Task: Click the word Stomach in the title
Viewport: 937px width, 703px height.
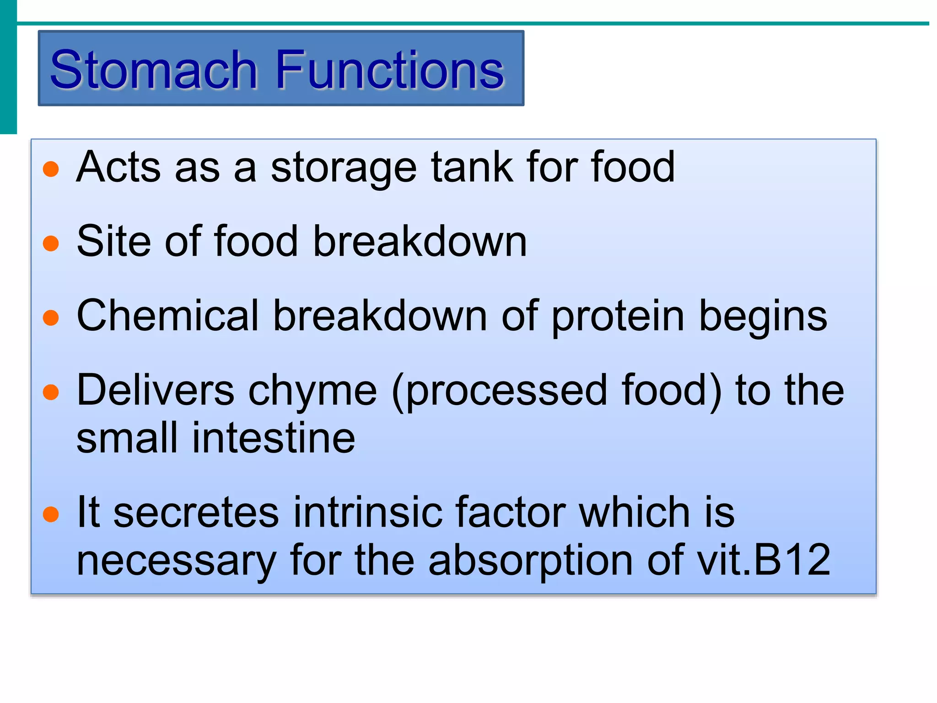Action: (154, 70)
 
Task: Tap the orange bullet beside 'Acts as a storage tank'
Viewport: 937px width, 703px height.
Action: (51, 169)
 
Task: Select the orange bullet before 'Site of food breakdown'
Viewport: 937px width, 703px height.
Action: (51, 243)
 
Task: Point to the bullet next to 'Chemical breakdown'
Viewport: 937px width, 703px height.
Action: (51, 318)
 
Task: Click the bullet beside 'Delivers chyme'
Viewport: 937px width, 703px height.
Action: (51, 392)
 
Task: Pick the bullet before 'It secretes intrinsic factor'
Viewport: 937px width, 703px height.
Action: (51, 514)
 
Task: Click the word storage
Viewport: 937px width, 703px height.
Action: (343, 168)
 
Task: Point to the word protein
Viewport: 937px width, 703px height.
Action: (618, 317)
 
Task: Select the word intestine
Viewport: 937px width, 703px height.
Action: (273, 438)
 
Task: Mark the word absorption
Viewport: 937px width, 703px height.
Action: (530, 561)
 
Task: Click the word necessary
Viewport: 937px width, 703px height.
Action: (176, 561)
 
